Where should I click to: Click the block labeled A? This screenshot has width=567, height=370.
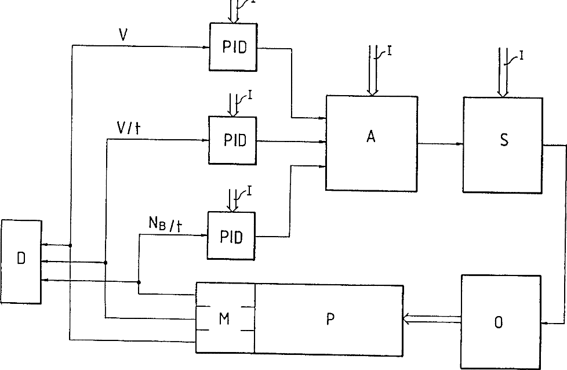click(371, 142)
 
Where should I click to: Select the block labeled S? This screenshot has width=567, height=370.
click(502, 143)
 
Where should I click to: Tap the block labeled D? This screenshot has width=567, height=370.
click(21, 260)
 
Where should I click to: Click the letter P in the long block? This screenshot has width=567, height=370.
click(329, 319)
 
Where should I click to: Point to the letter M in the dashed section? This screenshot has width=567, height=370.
click(225, 318)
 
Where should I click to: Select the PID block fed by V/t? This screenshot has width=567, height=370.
click(234, 140)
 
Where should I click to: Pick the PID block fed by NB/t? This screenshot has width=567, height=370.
click(231, 236)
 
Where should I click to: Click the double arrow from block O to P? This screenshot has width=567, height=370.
click(432, 318)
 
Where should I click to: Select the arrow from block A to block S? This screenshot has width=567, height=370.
click(440, 144)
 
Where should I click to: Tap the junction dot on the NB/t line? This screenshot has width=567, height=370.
click(139, 282)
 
